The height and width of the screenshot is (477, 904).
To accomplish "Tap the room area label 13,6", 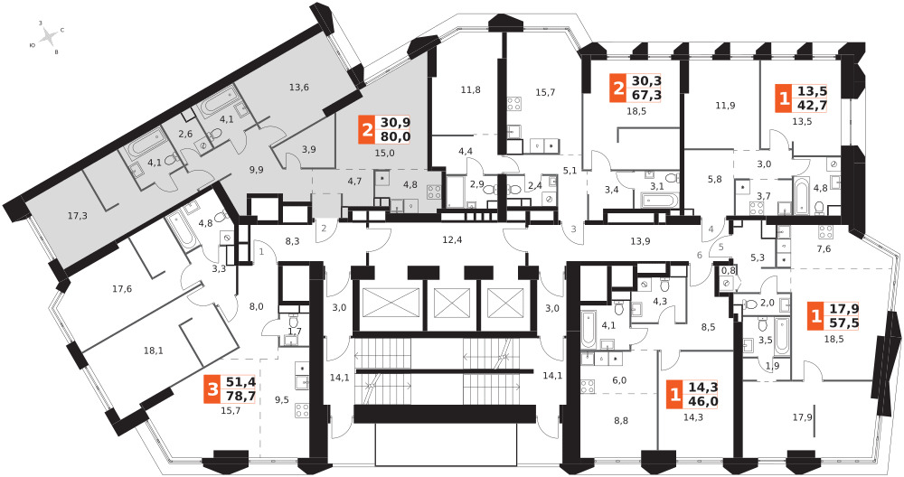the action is pyautogui.click(x=299, y=88).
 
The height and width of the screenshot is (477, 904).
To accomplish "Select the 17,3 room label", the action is pyautogui.click(x=77, y=216).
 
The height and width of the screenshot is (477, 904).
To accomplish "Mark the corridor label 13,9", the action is pyautogui.click(x=640, y=241).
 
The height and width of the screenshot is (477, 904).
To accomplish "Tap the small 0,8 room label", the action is pyautogui.click(x=730, y=270).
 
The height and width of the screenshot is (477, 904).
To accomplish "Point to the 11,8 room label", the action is pyautogui.click(x=470, y=89).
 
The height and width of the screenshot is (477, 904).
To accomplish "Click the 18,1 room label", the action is pyautogui.click(x=153, y=351).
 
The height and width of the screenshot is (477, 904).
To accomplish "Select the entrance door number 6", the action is pyautogui.click(x=700, y=255).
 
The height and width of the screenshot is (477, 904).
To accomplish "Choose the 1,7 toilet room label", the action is pyautogui.click(x=294, y=332).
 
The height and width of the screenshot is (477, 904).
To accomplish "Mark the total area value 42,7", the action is pyautogui.click(x=813, y=105).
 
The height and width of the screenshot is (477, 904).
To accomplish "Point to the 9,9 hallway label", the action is pyautogui.click(x=256, y=170).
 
